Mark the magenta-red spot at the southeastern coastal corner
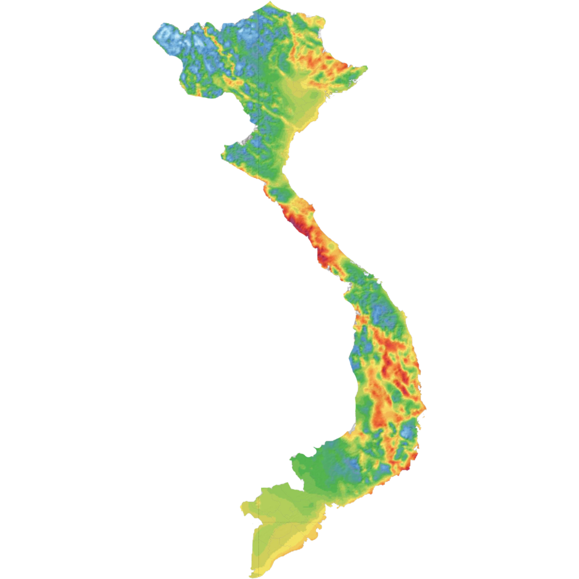coord(415,455)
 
